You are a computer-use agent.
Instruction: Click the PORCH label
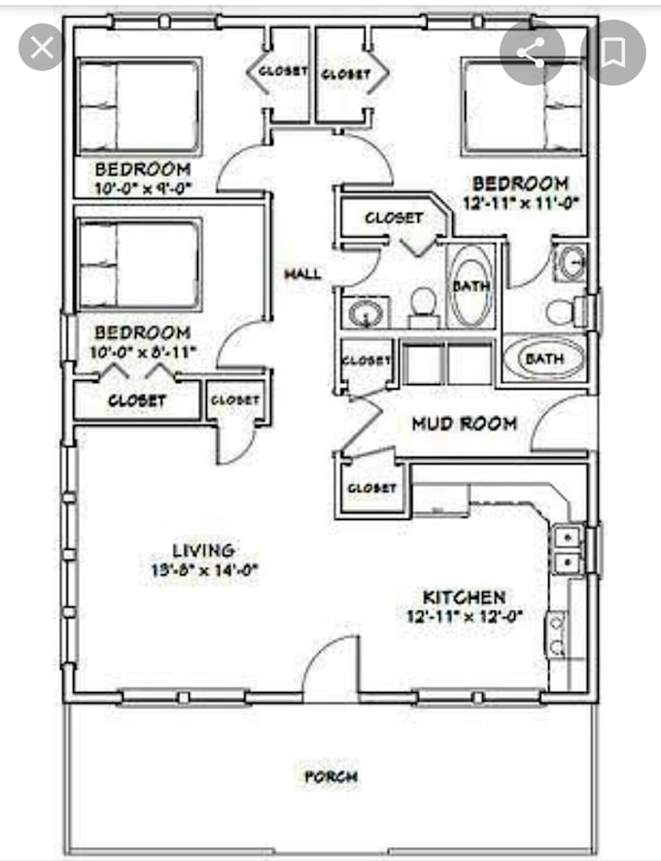click(x=330, y=776)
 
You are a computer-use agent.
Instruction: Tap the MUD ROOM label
click(x=464, y=424)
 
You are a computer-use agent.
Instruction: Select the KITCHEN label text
click(x=464, y=597)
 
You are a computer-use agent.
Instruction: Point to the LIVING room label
click(x=204, y=551)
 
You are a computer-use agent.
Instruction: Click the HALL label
click(x=302, y=275)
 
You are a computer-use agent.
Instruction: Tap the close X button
click(x=42, y=49)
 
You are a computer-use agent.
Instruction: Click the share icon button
click(x=532, y=52)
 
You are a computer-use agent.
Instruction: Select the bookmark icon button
click(x=612, y=52)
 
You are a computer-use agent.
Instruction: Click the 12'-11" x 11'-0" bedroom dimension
click(x=520, y=203)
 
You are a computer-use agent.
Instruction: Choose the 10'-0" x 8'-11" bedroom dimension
click(x=142, y=350)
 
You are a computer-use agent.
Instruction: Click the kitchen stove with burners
click(x=557, y=634)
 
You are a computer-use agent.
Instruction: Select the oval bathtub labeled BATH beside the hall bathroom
click(x=471, y=287)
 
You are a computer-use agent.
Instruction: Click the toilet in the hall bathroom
click(x=424, y=303)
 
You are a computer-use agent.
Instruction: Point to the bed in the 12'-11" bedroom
click(x=523, y=107)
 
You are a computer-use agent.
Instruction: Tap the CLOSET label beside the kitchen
click(x=370, y=488)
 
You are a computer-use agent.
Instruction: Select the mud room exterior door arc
click(x=562, y=424)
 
